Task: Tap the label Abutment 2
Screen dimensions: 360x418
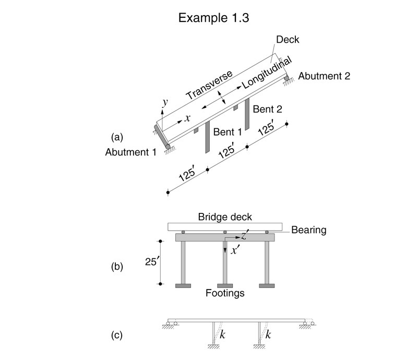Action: click(325, 76)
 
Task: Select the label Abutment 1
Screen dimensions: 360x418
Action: click(130, 152)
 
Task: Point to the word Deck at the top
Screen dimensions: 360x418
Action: click(287, 39)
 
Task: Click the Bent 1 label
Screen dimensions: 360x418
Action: click(228, 133)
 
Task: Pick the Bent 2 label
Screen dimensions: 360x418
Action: click(267, 109)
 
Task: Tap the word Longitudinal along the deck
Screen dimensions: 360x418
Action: click(264, 73)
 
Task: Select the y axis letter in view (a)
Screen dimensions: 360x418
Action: click(165, 102)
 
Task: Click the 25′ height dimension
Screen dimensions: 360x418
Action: click(151, 263)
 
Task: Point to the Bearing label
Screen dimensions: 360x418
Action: click(308, 229)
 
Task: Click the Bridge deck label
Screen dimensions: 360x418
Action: click(225, 217)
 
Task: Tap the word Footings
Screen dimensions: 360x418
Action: click(225, 294)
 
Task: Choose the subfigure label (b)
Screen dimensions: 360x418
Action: click(117, 267)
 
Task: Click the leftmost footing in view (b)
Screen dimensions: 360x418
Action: click(183, 285)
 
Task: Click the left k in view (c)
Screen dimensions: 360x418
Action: click(222, 334)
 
